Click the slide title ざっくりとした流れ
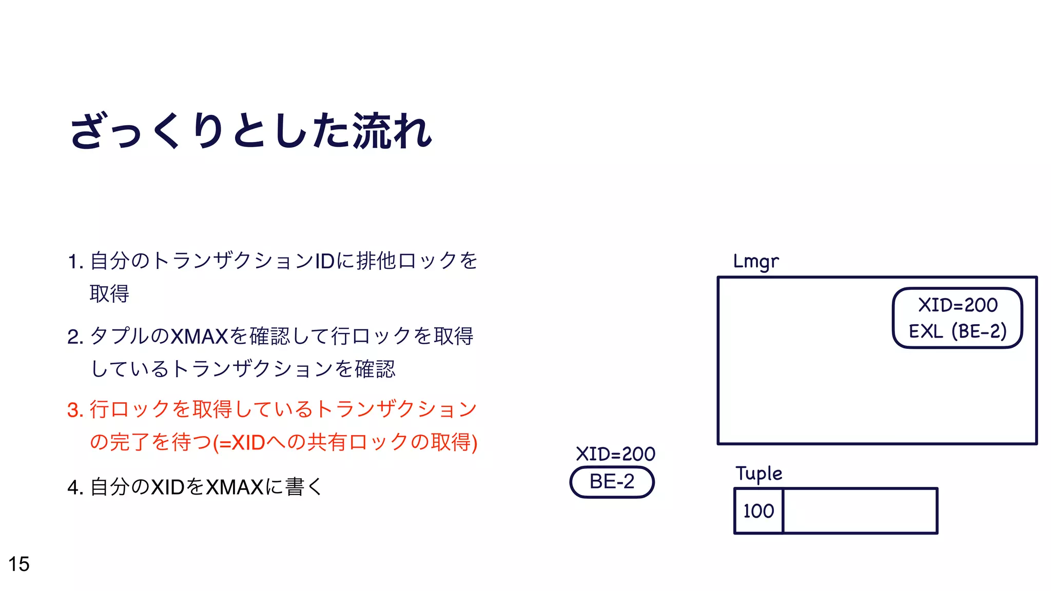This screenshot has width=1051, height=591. (251, 131)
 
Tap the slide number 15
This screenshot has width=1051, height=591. (19, 564)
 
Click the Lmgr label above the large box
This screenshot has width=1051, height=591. (755, 262)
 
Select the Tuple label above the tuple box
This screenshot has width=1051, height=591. (758, 474)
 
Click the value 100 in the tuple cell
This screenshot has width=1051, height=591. (758, 511)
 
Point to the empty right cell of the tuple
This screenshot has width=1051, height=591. (860, 511)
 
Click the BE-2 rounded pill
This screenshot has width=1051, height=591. (612, 482)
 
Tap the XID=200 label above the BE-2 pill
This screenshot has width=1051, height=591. (615, 454)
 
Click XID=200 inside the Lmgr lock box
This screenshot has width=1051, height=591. (958, 305)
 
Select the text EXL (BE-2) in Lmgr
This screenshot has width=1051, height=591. (958, 331)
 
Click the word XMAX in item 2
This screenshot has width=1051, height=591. (199, 337)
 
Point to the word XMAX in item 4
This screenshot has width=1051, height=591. (235, 487)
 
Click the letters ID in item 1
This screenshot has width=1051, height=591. (324, 262)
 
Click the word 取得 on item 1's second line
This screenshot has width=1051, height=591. (109, 294)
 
